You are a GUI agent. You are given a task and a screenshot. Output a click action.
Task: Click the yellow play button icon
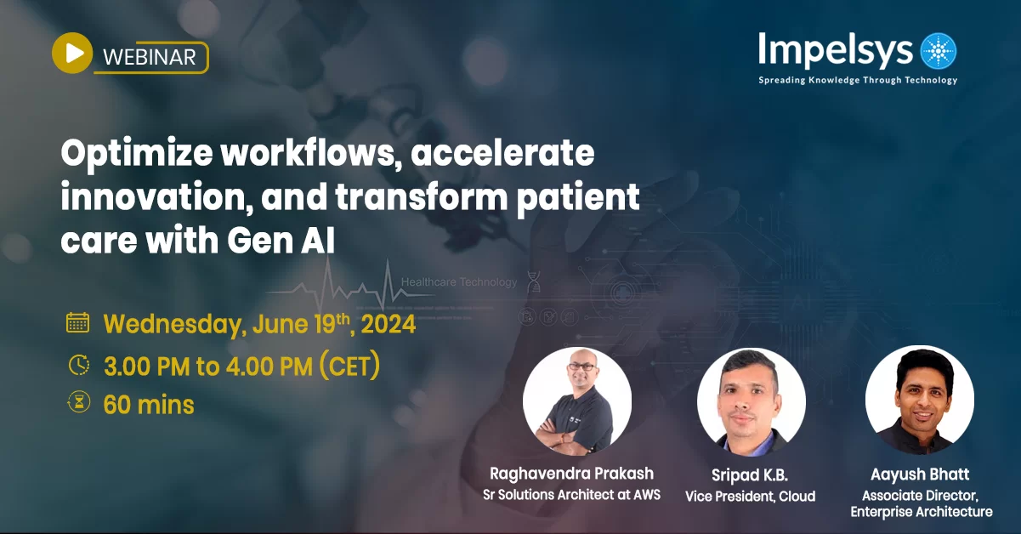point(72,54)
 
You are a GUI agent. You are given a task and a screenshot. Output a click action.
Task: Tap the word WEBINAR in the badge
point(150,57)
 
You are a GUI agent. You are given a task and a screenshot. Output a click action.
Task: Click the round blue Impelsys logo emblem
point(938,51)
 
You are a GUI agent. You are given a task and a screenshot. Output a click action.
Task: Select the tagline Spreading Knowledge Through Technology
point(858,81)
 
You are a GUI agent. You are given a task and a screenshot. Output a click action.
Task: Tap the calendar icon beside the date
point(78,323)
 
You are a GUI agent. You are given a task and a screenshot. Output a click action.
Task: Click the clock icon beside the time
point(78,365)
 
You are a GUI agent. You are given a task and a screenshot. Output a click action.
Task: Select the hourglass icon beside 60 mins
point(78,404)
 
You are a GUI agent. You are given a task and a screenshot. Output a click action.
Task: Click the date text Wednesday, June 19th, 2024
point(259,324)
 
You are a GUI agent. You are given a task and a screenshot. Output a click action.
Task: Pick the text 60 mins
point(149,405)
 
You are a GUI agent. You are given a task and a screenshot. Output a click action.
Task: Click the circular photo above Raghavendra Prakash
point(577,400)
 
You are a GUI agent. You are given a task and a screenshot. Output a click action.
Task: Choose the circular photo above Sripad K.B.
point(751,400)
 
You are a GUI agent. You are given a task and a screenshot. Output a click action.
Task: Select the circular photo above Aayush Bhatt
point(920,400)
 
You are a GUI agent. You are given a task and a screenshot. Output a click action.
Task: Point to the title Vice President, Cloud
point(751,496)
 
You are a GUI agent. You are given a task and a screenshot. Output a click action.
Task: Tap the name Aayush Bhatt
point(921,474)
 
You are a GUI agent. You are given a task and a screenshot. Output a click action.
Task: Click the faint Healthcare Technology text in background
point(458,281)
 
